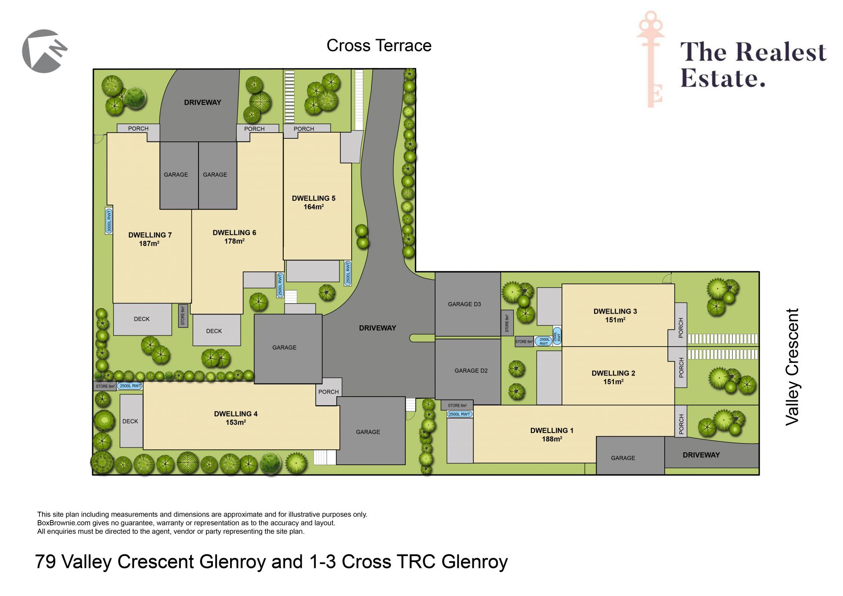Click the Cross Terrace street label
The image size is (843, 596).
tap(379, 46)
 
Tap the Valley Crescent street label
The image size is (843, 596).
tap(792, 367)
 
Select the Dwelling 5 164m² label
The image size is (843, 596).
tap(313, 202)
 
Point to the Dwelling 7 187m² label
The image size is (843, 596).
tap(150, 239)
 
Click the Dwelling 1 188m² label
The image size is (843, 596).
tap(552, 435)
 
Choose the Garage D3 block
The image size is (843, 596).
tap(468, 304)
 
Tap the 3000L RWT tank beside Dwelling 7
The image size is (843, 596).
tap(109, 221)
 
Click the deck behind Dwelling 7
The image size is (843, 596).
tap(142, 319)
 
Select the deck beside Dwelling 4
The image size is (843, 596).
tap(131, 421)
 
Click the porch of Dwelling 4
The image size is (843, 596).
tap(328, 391)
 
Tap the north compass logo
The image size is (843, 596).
tap(44, 51)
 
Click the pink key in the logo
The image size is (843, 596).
tap(651, 59)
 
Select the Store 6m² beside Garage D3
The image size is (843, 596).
tap(507, 323)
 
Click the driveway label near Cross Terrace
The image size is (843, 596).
tap(202, 102)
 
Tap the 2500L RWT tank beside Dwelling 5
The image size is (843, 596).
tap(348, 273)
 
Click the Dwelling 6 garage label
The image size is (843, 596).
tap(215, 175)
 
